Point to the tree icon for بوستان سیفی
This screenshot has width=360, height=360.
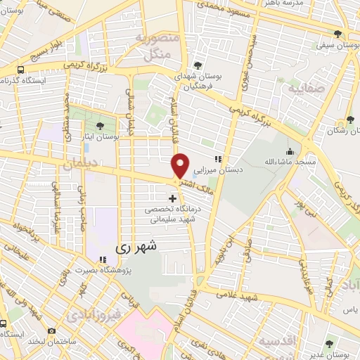click(337, 34)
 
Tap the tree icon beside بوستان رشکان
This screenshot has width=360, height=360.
click(350, 120)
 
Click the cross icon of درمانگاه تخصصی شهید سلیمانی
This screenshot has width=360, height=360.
click(172, 198)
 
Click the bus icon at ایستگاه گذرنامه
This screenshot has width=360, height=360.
click(20, 70)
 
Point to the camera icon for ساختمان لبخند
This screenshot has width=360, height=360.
click(51, 330)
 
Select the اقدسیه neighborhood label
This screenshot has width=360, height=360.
click(276, 342)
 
